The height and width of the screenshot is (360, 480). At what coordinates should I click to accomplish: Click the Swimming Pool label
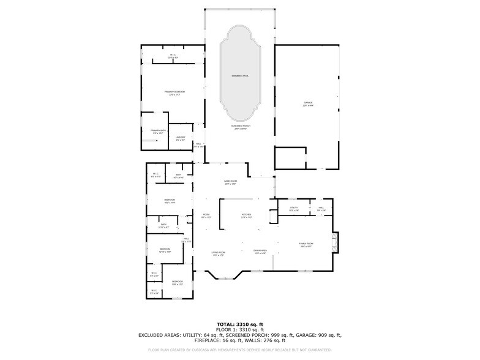tap(240, 75)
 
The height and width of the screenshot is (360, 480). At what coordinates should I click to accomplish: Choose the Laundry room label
tap(180, 138)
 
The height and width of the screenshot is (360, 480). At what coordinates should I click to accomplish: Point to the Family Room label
tap(306, 244)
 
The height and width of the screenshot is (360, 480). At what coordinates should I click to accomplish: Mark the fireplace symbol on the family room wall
tap(334, 242)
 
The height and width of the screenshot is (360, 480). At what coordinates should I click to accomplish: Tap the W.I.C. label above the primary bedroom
tap(173, 56)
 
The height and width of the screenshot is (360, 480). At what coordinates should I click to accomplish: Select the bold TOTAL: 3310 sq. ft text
tap(240, 324)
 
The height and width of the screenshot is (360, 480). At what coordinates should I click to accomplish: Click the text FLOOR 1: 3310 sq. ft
tap(240, 329)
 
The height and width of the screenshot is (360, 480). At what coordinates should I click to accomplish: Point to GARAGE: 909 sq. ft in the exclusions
tap(318, 335)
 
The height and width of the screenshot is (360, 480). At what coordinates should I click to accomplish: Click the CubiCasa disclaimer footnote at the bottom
tap(240, 350)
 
